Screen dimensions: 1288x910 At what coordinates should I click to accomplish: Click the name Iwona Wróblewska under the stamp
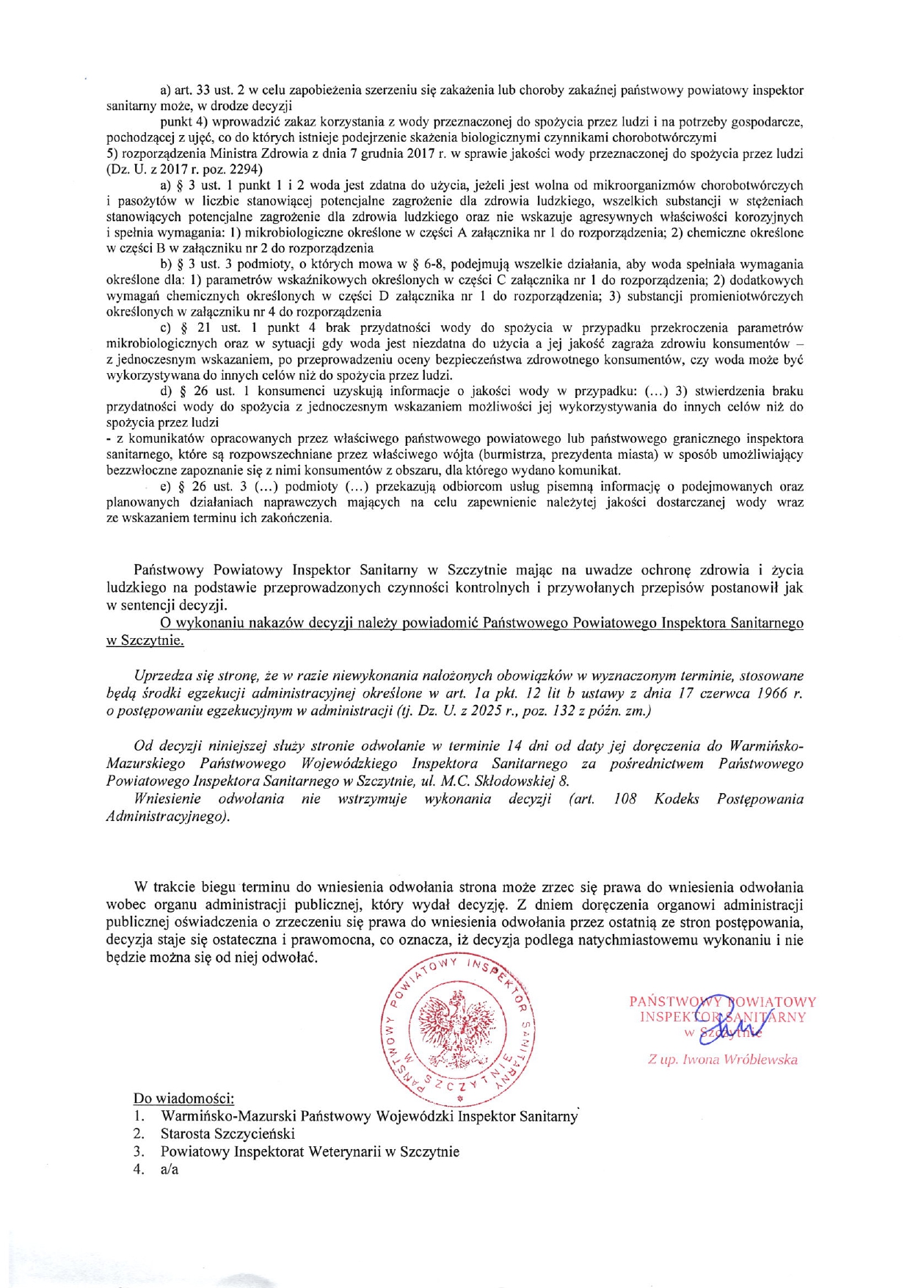[x=722, y=1060]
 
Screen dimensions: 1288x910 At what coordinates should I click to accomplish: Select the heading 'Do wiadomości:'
[x=183, y=1099]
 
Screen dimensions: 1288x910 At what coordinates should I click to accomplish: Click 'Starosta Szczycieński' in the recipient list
[x=227, y=1134]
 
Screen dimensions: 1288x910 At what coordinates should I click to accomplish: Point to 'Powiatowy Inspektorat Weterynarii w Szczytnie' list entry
[x=310, y=1151]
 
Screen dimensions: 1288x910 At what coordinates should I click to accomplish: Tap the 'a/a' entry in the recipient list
[x=170, y=1169]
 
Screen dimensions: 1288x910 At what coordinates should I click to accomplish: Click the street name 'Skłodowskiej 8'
[x=524, y=781]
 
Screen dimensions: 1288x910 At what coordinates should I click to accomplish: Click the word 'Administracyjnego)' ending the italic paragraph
[x=168, y=817]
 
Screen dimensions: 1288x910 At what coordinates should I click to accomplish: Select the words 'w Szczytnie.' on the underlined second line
[x=145, y=640]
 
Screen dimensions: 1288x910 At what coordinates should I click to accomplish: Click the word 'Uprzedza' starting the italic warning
[x=163, y=675]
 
